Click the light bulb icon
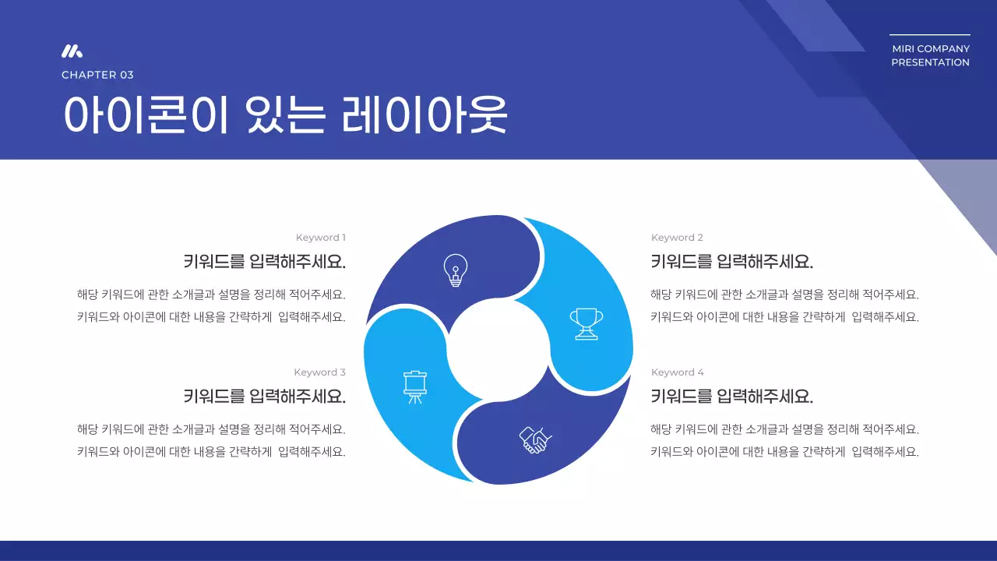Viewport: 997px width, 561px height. tap(455, 270)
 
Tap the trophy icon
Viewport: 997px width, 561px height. tap(586, 323)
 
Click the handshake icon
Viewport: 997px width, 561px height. tap(535, 440)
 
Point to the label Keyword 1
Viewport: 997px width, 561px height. tap(320, 238)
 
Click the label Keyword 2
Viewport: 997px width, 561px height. tap(677, 238)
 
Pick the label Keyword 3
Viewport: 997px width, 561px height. tap(319, 372)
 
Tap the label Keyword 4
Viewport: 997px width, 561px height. tap(677, 372)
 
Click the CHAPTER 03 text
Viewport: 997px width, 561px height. tap(97, 75)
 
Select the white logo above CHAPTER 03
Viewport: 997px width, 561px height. tap(72, 51)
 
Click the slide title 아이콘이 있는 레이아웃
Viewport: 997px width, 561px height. tap(285, 115)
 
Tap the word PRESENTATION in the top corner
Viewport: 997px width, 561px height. tap(930, 62)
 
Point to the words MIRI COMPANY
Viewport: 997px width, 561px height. tap(931, 49)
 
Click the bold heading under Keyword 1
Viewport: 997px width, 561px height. tap(264, 262)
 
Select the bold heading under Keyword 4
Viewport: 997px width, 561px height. tap(731, 397)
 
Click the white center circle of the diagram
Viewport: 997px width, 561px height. tap(498, 350)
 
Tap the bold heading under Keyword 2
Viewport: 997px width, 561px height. tap(731, 262)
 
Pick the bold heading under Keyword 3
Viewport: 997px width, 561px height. tap(264, 397)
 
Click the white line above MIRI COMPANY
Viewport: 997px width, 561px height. tap(929, 35)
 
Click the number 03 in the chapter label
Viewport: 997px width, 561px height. tap(126, 75)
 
